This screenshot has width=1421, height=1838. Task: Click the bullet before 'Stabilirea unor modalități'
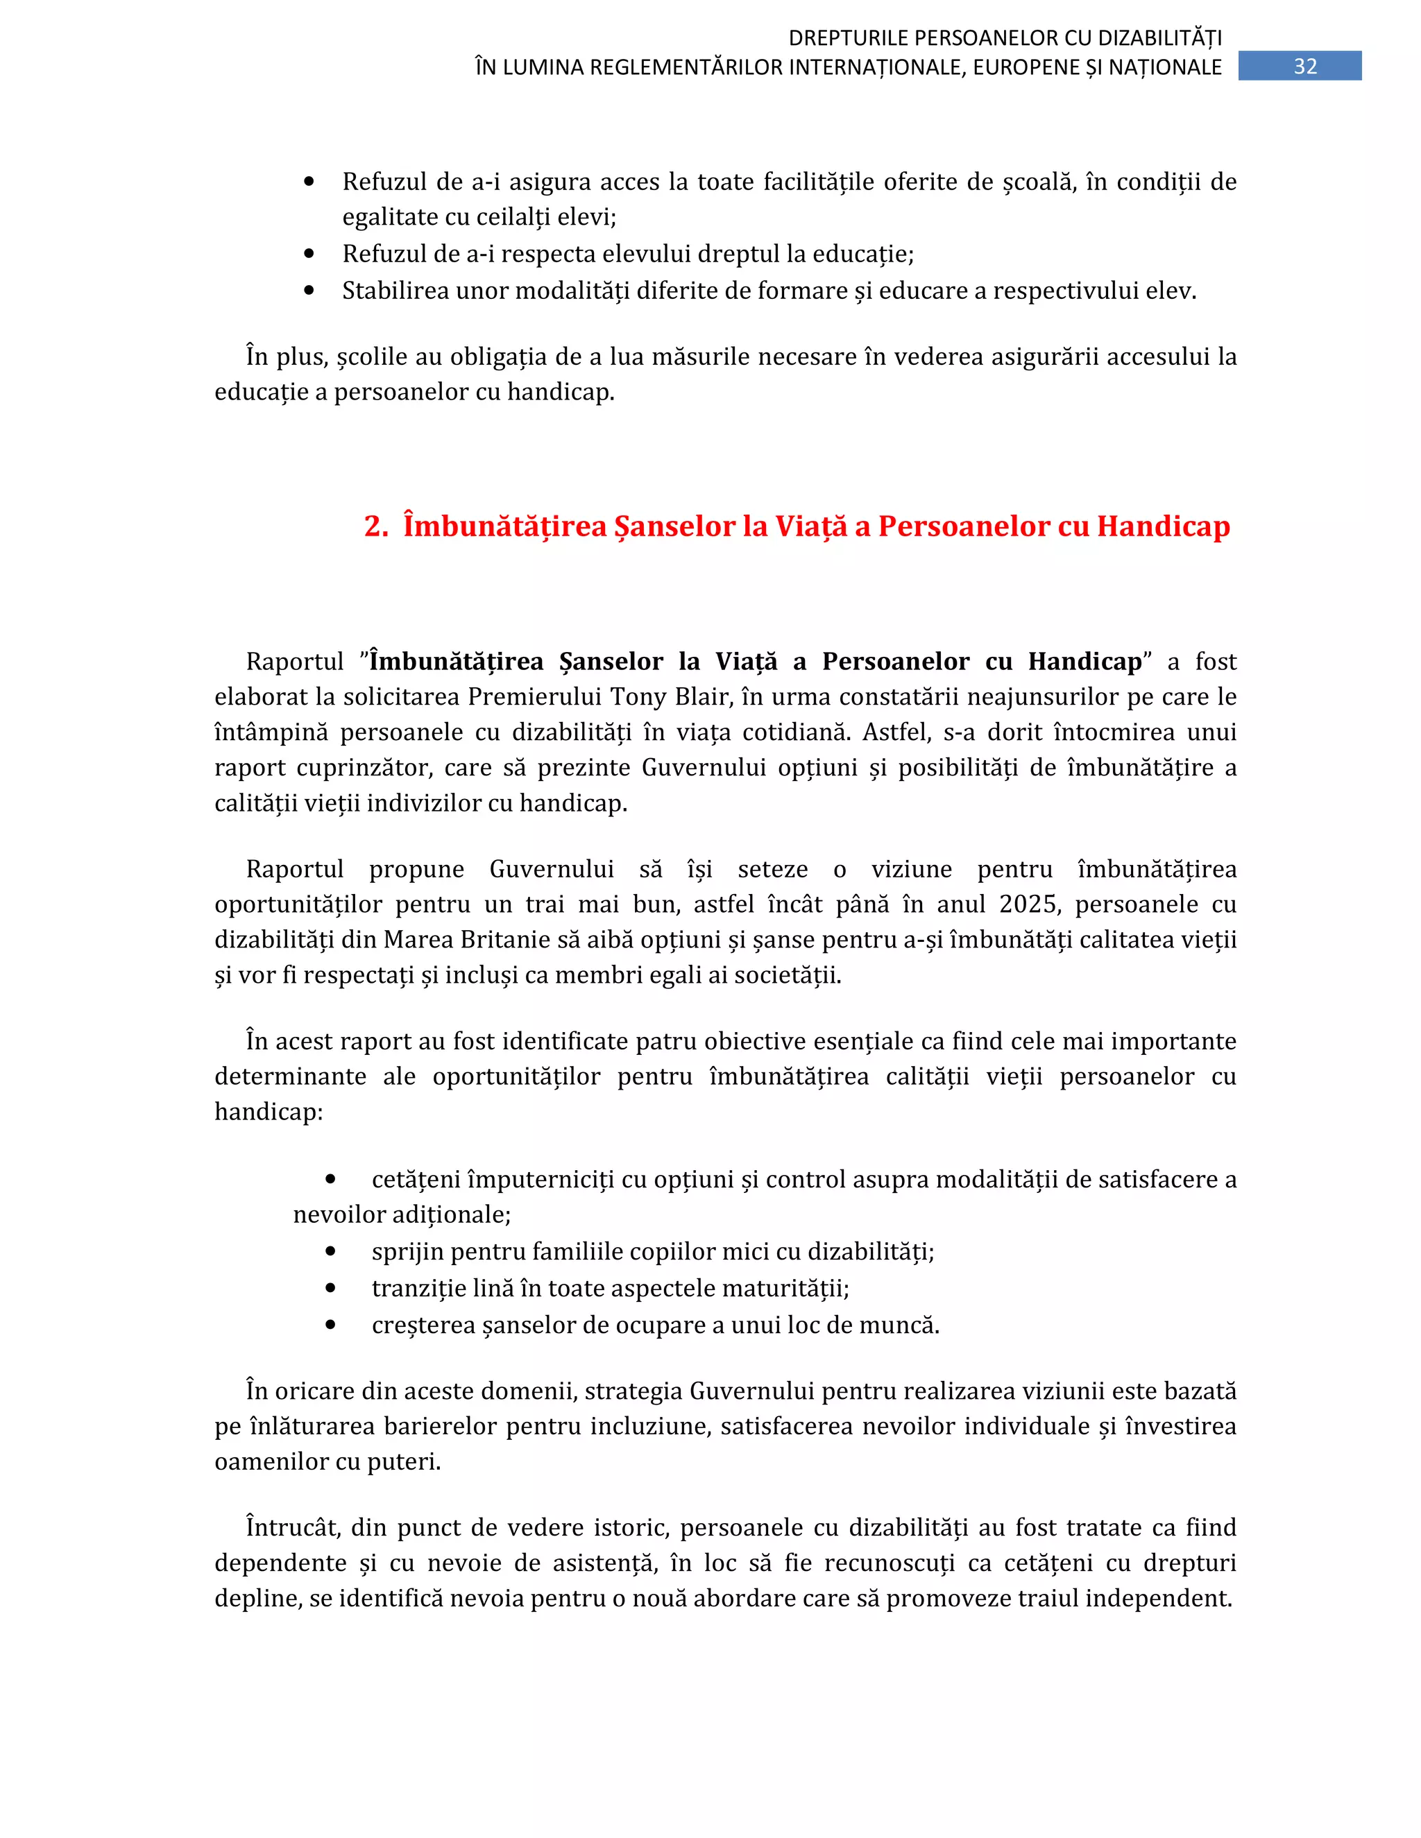tap(309, 291)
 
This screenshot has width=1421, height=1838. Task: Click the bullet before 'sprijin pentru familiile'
tap(330, 1251)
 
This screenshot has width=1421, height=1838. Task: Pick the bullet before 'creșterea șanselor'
tap(330, 1325)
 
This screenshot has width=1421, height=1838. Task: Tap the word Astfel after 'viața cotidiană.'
tap(896, 732)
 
